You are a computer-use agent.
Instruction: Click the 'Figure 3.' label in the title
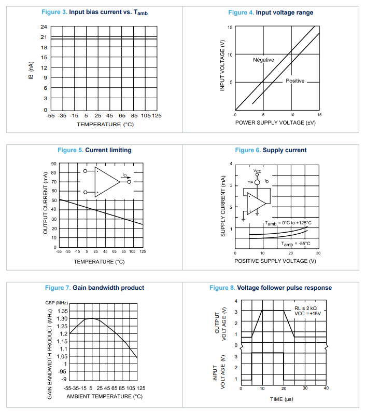(x=53, y=12)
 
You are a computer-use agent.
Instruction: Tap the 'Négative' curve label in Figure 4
(x=263, y=60)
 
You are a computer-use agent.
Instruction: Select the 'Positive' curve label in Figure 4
(x=295, y=81)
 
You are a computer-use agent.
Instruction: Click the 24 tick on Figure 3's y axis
(x=44, y=26)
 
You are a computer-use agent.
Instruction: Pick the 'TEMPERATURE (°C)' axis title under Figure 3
(x=105, y=124)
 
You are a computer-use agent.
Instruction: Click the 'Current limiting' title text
(x=108, y=150)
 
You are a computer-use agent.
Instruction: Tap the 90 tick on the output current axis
(x=53, y=164)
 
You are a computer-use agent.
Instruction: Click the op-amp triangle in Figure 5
(x=107, y=182)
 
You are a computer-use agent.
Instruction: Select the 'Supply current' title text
(x=285, y=150)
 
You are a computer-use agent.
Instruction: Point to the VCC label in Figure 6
(x=258, y=171)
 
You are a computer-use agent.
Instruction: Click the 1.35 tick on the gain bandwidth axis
(x=62, y=311)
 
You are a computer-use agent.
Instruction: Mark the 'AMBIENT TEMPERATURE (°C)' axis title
(x=105, y=396)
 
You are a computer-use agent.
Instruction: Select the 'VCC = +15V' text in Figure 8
(x=307, y=314)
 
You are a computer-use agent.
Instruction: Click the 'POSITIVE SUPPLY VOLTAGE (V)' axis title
(x=275, y=261)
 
